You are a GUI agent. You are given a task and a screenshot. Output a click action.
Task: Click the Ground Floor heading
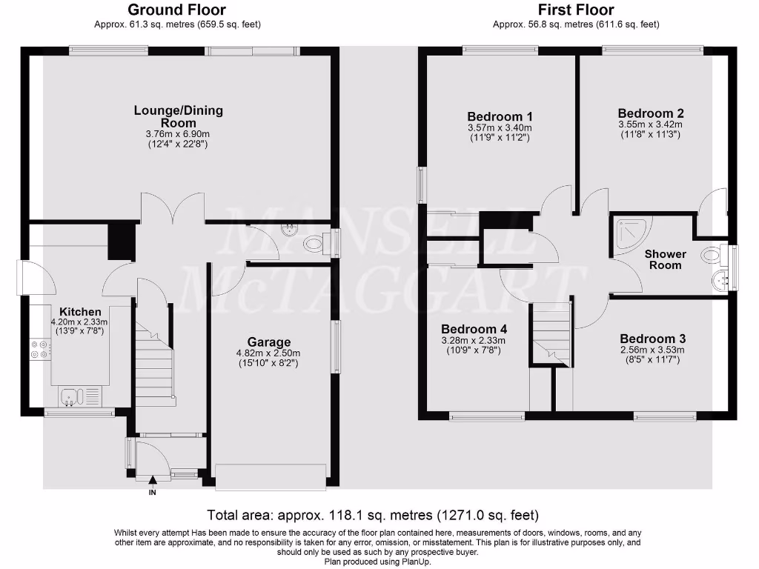pyautogui.click(x=177, y=10)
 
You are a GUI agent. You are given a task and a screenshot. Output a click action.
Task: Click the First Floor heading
pyautogui.click(x=576, y=10)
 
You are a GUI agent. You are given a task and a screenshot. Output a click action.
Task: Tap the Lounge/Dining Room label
pyautogui.click(x=178, y=116)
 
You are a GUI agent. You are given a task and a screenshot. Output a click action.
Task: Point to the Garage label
pyautogui.click(x=268, y=342)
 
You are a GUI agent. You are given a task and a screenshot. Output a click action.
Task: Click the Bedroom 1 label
pyautogui.click(x=500, y=116)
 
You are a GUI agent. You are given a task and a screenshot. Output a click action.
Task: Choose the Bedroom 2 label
pyautogui.click(x=650, y=113)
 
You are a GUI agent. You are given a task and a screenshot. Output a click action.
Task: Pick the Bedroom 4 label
pyautogui.click(x=473, y=329)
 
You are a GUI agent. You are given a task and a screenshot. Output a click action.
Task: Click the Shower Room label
pyautogui.click(x=665, y=259)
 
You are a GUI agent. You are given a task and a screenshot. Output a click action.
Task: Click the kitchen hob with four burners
pyautogui.click(x=40, y=348)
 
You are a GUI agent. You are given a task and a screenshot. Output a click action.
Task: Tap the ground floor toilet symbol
pyautogui.click(x=314, y=242)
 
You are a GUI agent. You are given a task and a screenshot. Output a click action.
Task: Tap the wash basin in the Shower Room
pyautogui.click(x=718, y=281)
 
